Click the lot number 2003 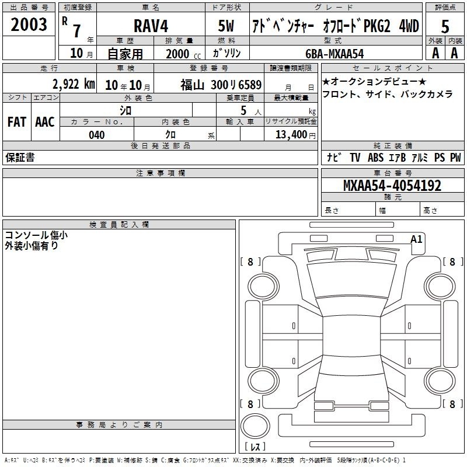pos(29,25)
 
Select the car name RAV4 pos(151,26)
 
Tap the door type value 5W pos(226,26)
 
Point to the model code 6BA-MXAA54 pos(334,54)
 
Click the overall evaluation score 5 pos(445,27)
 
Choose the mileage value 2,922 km pos(74,84)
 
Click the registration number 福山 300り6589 pos(221,85)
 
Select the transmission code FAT pos(17,122)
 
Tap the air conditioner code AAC pos(45,122)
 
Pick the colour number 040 pos(97,135)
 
